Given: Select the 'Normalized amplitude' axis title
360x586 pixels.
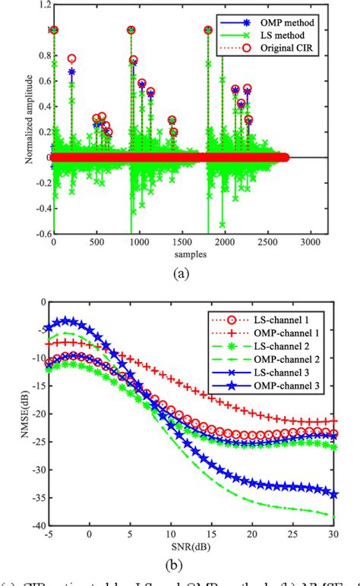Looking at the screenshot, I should coord(14,120).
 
